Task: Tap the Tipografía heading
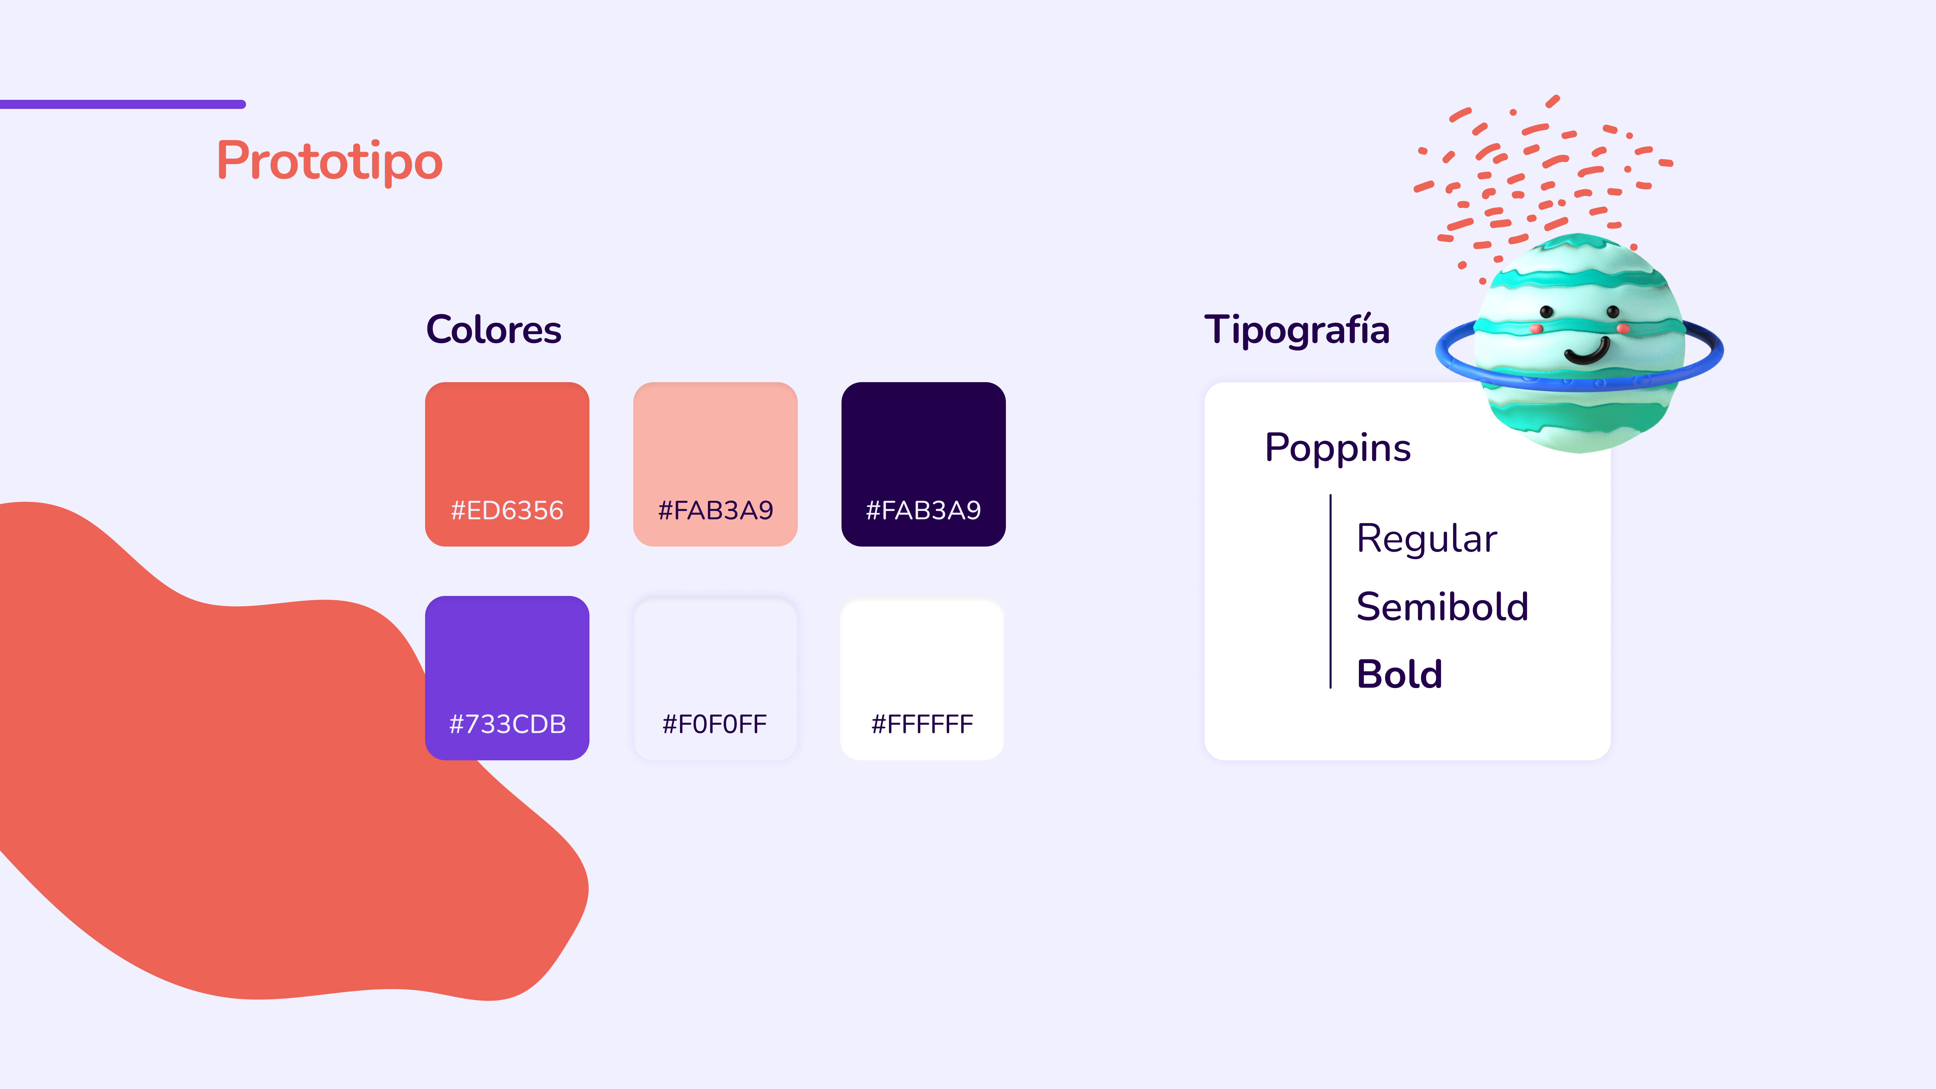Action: [1297, 330]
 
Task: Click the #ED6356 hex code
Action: [507, 510]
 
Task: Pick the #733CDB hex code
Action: [507, 724]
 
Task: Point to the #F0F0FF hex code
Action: [715, 724]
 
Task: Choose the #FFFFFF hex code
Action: [922, 724]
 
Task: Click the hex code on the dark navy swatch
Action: [924, 510]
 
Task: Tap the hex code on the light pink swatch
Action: [716, 510]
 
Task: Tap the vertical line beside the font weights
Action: [1330, 592]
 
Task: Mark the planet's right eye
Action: [1613, 311]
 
